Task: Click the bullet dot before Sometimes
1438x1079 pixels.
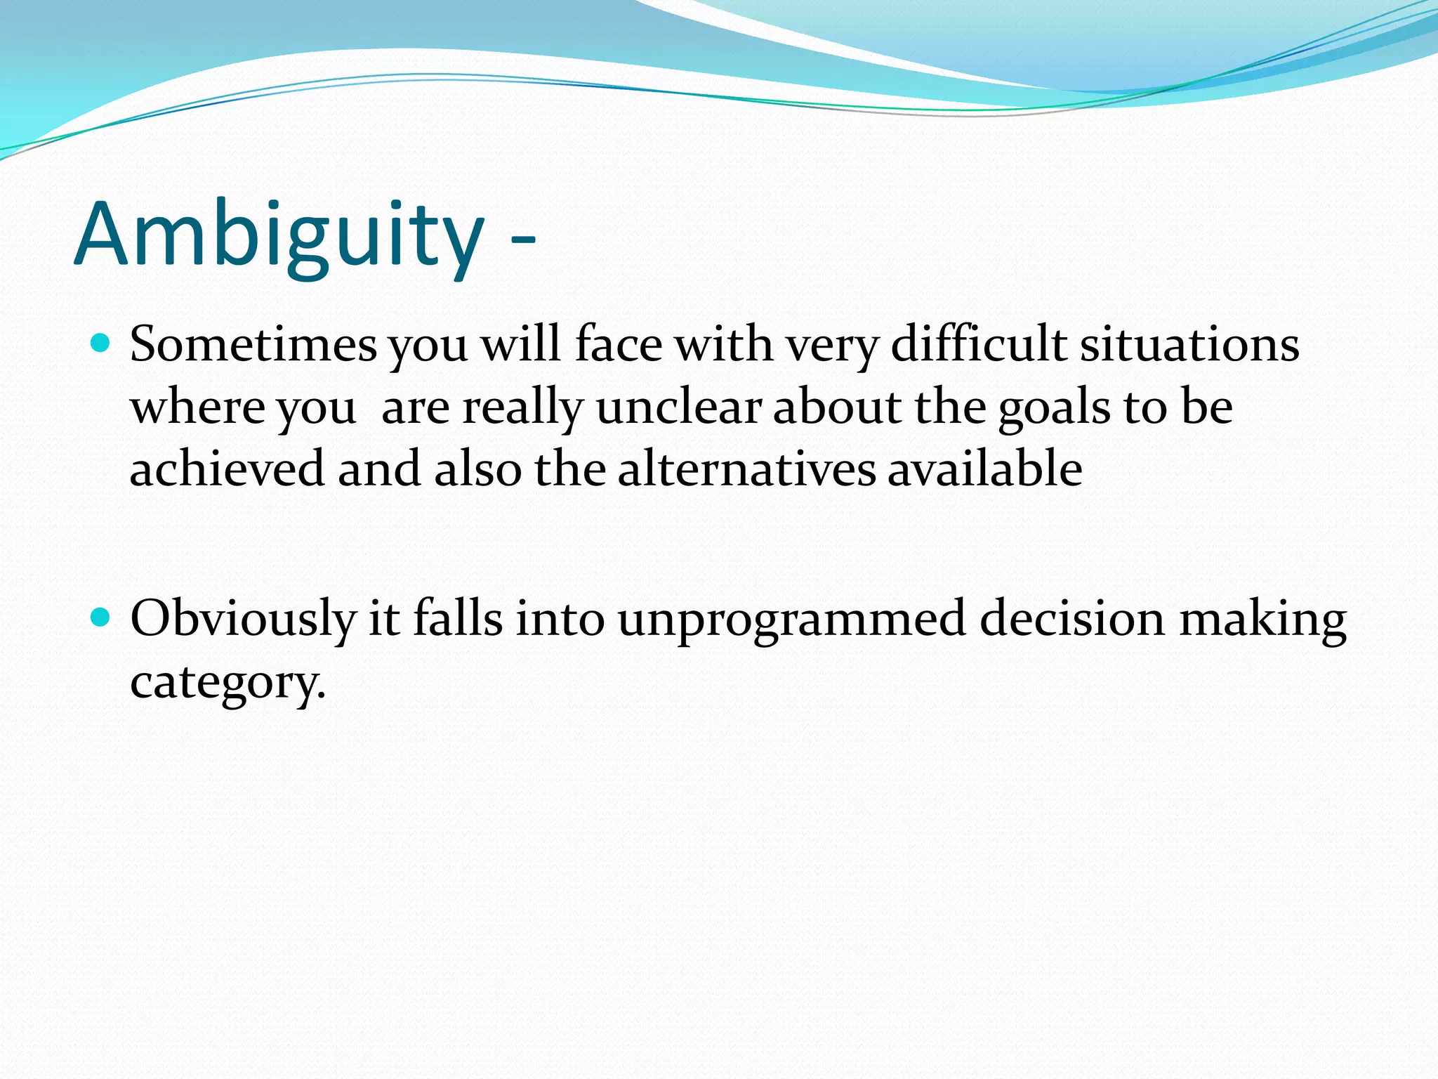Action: (x=102, y=344)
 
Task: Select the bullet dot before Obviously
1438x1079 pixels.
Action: (x=102, y=617)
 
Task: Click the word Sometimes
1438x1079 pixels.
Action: (x=253, y=345)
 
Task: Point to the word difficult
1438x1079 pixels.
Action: (x=979, y=345)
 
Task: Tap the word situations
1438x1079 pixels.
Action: (x=1189, y=345)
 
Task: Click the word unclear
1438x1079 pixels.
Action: (x=678, y=407)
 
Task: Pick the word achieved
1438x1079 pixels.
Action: (x=227, y=469)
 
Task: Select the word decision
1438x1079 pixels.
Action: (x=1071, y=619)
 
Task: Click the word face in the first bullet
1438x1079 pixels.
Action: (x=618, y=345)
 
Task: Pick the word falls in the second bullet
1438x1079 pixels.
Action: (x=457, y=619)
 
